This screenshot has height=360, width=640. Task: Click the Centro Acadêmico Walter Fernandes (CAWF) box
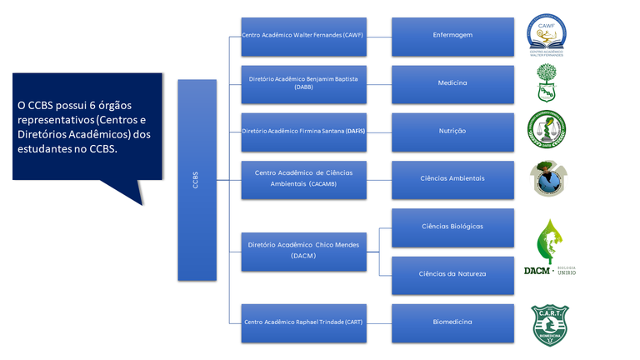[303, 36]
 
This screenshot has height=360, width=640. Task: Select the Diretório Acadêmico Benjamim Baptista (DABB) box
[303, 83]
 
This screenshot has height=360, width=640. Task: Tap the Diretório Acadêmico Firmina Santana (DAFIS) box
[303, 132]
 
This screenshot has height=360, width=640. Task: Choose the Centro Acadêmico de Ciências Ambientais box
[303, 179]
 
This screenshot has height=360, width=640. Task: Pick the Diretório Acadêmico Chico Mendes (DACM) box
[303, 250]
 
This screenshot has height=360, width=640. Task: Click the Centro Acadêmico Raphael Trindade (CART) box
[303, 322]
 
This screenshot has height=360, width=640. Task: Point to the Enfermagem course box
[452, 36]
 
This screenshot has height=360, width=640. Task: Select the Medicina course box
[452, 83]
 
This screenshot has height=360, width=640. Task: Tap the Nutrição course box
[452, 132]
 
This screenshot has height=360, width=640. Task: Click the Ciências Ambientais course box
[452, 179]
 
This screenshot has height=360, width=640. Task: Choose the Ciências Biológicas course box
[452, 227]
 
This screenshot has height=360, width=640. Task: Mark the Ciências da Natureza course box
[452, 274]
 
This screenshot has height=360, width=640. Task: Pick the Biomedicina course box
[452, 322]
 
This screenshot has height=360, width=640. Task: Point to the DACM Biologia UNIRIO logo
[549, 248]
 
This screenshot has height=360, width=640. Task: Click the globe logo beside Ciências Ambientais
[549, 179]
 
